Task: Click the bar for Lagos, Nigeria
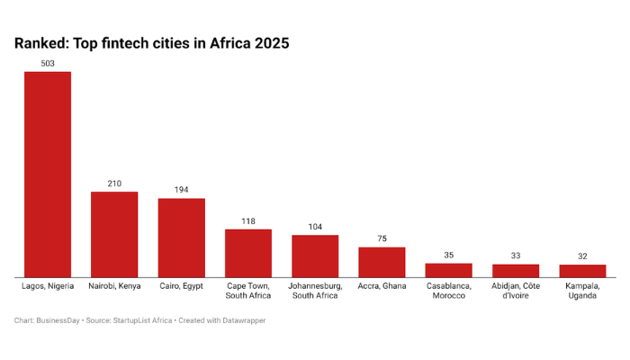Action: (x=48, y=174)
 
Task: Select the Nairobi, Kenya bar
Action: (x=114, y=234)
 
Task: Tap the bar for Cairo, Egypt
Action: (x=181, y=238)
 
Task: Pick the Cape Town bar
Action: (x=248, y=253)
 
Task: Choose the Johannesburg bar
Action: (x=315, y=256)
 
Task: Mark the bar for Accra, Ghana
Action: (x=382, y=262)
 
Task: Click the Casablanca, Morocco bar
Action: (x=448, y=270)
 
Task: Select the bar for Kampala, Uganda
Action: (x=582, y=271)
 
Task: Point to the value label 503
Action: (x=48, y=63)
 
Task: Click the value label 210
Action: (x=114, y=184)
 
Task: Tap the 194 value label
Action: (x=181, y=190)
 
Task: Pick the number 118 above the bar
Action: (x=248, y=220)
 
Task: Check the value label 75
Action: (x=382, y=238)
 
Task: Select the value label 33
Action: (x=516, y=256)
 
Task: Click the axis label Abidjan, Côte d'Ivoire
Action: (x=516, y=291)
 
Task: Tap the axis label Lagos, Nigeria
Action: (x=48, y=285)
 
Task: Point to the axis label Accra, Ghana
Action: (x=382, y=285)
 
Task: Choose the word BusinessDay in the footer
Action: (x=59, y=320)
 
